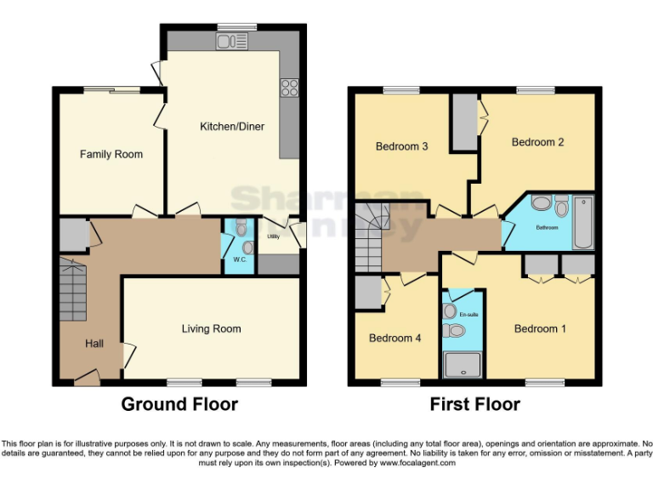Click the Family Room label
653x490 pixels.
point(111,154)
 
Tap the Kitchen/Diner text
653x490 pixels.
point(232,127)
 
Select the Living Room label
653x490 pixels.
point(211,328)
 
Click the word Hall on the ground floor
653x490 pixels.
point(94,344)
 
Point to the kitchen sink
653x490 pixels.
point(231,41)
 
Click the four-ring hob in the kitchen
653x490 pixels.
point(289,87)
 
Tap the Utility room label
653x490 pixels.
point(273,236)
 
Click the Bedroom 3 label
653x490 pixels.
point(401,146)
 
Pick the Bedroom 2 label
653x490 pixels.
point(537,142)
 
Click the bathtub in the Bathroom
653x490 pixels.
point(583,222)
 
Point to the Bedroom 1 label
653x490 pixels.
point(541,328)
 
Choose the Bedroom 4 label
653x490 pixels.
point(395,338)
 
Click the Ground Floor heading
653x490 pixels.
point(179,404)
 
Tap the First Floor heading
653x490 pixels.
point(474,404)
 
